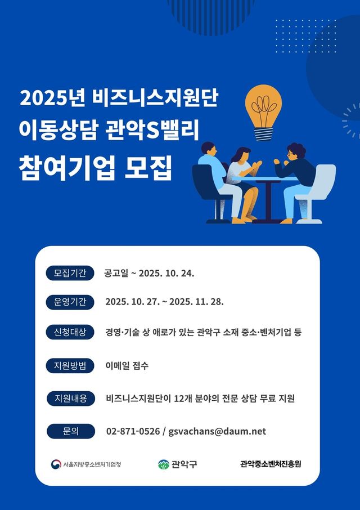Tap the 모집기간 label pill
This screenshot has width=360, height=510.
[x=70, y=274]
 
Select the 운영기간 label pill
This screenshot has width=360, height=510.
[x=70, y=302]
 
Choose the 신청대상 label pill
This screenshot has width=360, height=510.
[x=70, y=332]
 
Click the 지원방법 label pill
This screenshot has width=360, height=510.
[x=70, y=365]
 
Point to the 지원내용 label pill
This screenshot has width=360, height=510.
[x=70, y=399]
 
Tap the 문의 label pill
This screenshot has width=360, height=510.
[x=70, y=432]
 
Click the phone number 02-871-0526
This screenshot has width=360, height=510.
[x=133, y=432]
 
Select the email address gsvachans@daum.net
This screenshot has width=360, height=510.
[x=217, y=432]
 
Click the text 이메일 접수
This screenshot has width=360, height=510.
[x=127, y=365]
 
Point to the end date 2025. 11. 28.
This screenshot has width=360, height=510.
[x=196, y=302]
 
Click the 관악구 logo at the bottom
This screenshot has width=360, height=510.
[x=178, y=464]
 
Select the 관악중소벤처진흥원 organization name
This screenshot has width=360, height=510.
[x=271, y=464]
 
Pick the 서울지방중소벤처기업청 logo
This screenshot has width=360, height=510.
[x=87, y=464]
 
